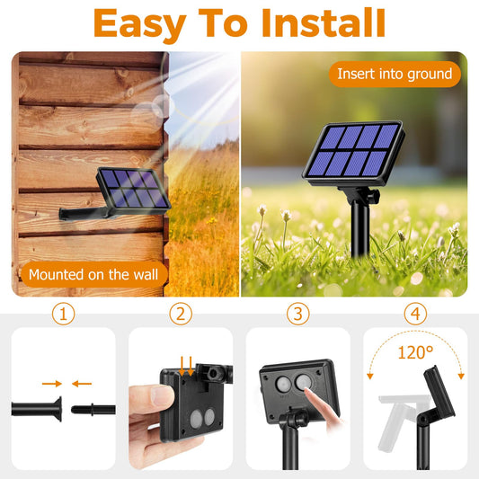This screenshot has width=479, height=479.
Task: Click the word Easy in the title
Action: click(140, 24)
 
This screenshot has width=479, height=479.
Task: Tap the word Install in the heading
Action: click(324, 22)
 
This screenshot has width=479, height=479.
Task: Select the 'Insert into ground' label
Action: click(395, 74)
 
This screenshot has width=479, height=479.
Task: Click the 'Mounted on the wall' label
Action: click(93, 274)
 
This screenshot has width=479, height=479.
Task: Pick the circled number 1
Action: click(63, 314)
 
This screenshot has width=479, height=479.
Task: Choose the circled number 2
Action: click(181, 314)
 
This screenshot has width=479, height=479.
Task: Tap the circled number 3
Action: click(297, 314)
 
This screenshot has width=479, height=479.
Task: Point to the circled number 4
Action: click(415, 314)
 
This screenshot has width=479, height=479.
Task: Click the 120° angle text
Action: click(415, 352)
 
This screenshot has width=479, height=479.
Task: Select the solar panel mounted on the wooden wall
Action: click(133, 190)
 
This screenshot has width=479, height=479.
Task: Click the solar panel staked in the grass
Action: click(354, 153)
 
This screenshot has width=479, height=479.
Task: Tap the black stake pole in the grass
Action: click(359, 227)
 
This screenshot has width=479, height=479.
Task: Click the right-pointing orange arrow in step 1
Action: click(51, 384)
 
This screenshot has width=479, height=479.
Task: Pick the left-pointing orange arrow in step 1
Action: click(82, 384)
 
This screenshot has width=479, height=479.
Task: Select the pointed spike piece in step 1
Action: click(93, 409)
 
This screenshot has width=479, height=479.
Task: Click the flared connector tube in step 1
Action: click(37, 409)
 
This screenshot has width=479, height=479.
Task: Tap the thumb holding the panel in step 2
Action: click(150, 395)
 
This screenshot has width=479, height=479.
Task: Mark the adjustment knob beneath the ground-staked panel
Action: click(374, 195)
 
